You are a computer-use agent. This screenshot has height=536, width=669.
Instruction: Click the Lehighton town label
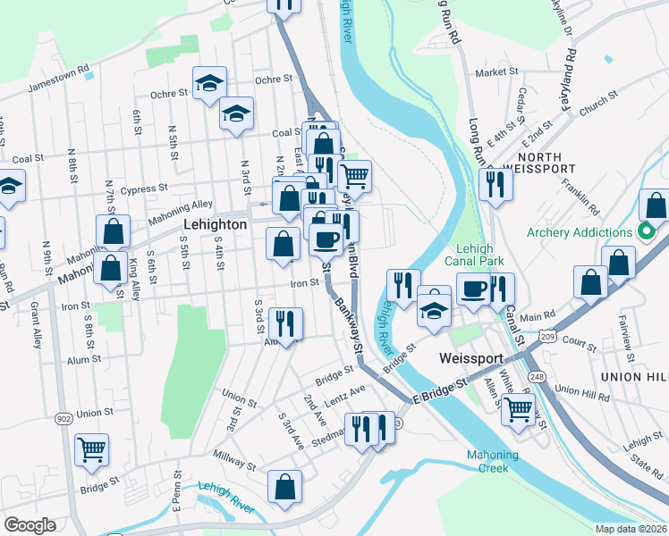pyautogui.click(x=215, y=225)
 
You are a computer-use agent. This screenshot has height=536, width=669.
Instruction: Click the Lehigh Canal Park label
pyautogui.click(x=475, y=256)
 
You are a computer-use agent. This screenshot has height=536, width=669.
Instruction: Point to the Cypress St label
pyautogui.click(x=144, y=188)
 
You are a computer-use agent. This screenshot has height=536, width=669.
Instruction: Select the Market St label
pyautogui.click(x=496, y=72)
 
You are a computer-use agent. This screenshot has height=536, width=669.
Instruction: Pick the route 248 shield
pyautogui.click(x=535, y=352)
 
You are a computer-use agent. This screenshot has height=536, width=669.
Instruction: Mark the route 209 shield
pyautogui.click(x=547, y=334)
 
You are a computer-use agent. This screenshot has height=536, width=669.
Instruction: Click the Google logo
pyautogui.click(x=30, y=525)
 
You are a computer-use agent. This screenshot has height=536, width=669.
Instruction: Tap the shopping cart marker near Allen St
pyautogui.click(x=517, y=409)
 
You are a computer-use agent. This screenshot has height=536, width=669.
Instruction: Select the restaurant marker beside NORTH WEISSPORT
pyautogui.click(x=493, y=184)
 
